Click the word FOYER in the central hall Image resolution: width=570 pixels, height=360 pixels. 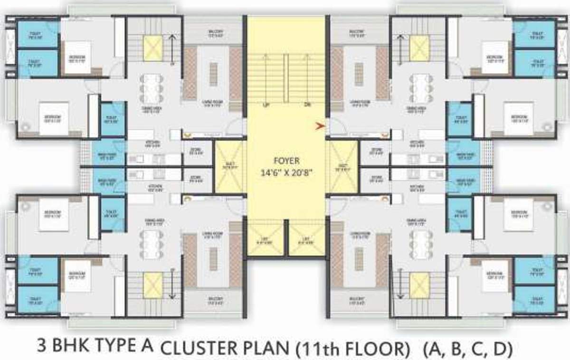tap(286, 161)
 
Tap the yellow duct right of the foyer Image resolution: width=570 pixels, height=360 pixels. tap(343, 166)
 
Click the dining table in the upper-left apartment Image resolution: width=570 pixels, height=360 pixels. tap(151, 88)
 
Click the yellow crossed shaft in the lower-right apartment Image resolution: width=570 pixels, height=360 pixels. tap(419, 285)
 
